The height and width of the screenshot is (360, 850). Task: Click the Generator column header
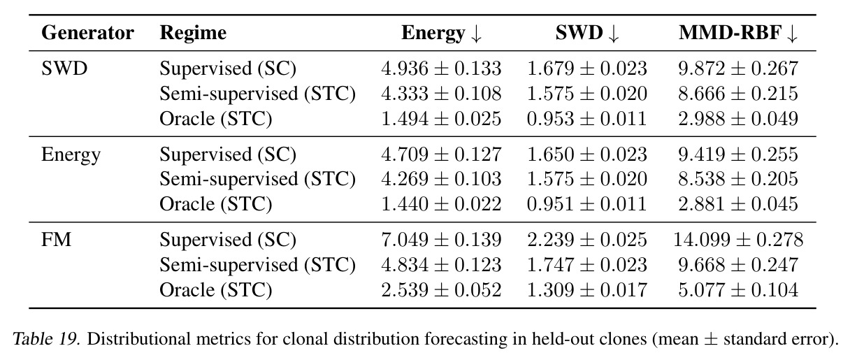click(x=87, y=33)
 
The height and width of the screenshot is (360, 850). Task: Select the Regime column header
click(x=193, y=34)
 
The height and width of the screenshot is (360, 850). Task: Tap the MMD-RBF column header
click(x=730, y=33)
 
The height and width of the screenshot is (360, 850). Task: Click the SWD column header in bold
click(x=579, y=33)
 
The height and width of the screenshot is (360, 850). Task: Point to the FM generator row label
click(x=56, y=240)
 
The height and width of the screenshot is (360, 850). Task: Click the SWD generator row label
click(x=64, y=69)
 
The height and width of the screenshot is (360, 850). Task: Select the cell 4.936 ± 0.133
click(x=441, y=69)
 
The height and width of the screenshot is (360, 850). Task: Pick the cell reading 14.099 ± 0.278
click(x=738, y=240)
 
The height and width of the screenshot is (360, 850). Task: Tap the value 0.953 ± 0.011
click(x=586, y=119)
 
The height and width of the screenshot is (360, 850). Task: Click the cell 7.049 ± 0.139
click(x=441, y=240)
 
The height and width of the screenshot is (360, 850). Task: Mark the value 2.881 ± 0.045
click(x=738, y=204)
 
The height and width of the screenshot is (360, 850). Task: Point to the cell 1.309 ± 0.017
click(x=587, y=290)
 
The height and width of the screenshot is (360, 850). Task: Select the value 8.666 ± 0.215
click(x=738, y=94)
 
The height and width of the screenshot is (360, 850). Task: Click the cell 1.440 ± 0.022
click(x=441, y=204)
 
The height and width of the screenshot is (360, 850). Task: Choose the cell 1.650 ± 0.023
click(x=587, y=154)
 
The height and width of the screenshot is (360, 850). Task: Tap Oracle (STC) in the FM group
click(x=216, y=291)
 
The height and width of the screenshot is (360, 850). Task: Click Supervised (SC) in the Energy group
click(x=228, y=154)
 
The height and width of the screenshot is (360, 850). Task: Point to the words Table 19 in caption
click(x=47, y=339)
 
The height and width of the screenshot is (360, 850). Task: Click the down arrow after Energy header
click(x=476, y=34)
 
